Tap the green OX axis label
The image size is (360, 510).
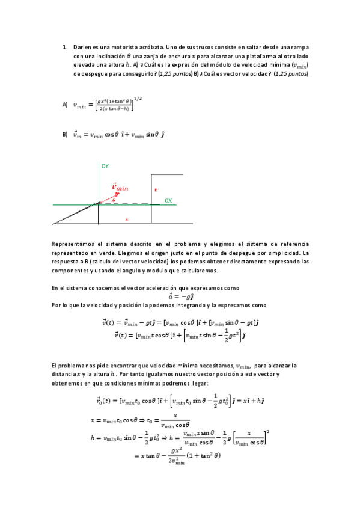(x=168, y=200)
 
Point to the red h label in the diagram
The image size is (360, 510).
(x=156, y=189)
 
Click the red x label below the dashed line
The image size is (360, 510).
(x=126, y=220)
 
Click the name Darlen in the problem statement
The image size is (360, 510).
(x=82, y=46)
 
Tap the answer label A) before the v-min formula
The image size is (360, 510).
(x=64, y=105)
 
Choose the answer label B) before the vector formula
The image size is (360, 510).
(x=64, y=135)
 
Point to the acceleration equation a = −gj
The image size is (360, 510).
(x=180, y=296)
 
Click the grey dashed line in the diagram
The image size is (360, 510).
(x=129, y=204)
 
